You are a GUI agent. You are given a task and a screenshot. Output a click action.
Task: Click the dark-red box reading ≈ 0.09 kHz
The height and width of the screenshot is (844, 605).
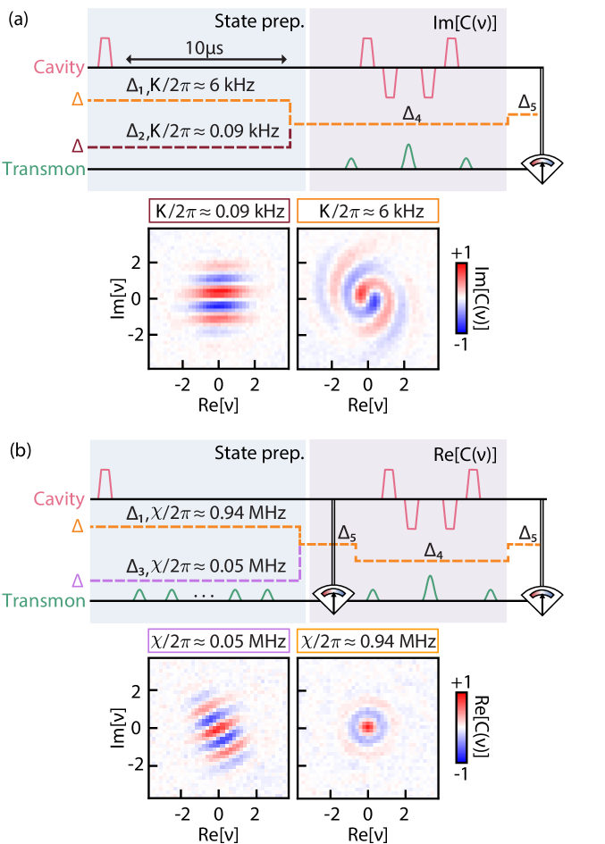pos(219,212)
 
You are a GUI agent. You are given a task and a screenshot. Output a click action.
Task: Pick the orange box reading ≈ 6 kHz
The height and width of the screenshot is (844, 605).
pos(367,212)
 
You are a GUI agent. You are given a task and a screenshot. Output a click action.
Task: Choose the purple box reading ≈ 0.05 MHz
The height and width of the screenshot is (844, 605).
pos(219,640)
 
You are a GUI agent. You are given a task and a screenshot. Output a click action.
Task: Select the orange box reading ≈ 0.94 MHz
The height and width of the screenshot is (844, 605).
pos(367,640)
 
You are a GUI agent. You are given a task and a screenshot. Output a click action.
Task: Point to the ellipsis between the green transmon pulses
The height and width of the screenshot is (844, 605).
pos(203,594)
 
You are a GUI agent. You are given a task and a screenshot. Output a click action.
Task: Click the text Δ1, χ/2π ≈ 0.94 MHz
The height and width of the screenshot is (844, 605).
pos(206,513)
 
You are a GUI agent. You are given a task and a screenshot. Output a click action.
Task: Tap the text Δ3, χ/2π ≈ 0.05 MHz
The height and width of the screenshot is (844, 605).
pos(206,566)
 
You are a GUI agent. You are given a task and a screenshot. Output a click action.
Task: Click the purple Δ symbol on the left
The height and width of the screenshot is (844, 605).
pos(78,581)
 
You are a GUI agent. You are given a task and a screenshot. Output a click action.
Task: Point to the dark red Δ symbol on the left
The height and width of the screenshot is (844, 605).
pos(78,146)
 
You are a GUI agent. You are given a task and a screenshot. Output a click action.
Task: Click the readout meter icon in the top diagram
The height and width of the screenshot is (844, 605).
pos(544,168)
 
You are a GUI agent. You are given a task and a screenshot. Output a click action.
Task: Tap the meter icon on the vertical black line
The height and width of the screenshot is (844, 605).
pos(332,598)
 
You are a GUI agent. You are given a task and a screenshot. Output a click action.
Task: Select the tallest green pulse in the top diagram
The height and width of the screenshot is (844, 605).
pos(408,155)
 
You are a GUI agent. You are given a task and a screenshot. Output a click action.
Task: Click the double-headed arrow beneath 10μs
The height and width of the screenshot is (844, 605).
pos(206,60)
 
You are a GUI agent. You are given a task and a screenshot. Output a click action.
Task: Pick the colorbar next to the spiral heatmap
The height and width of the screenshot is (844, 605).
pos(461,297)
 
